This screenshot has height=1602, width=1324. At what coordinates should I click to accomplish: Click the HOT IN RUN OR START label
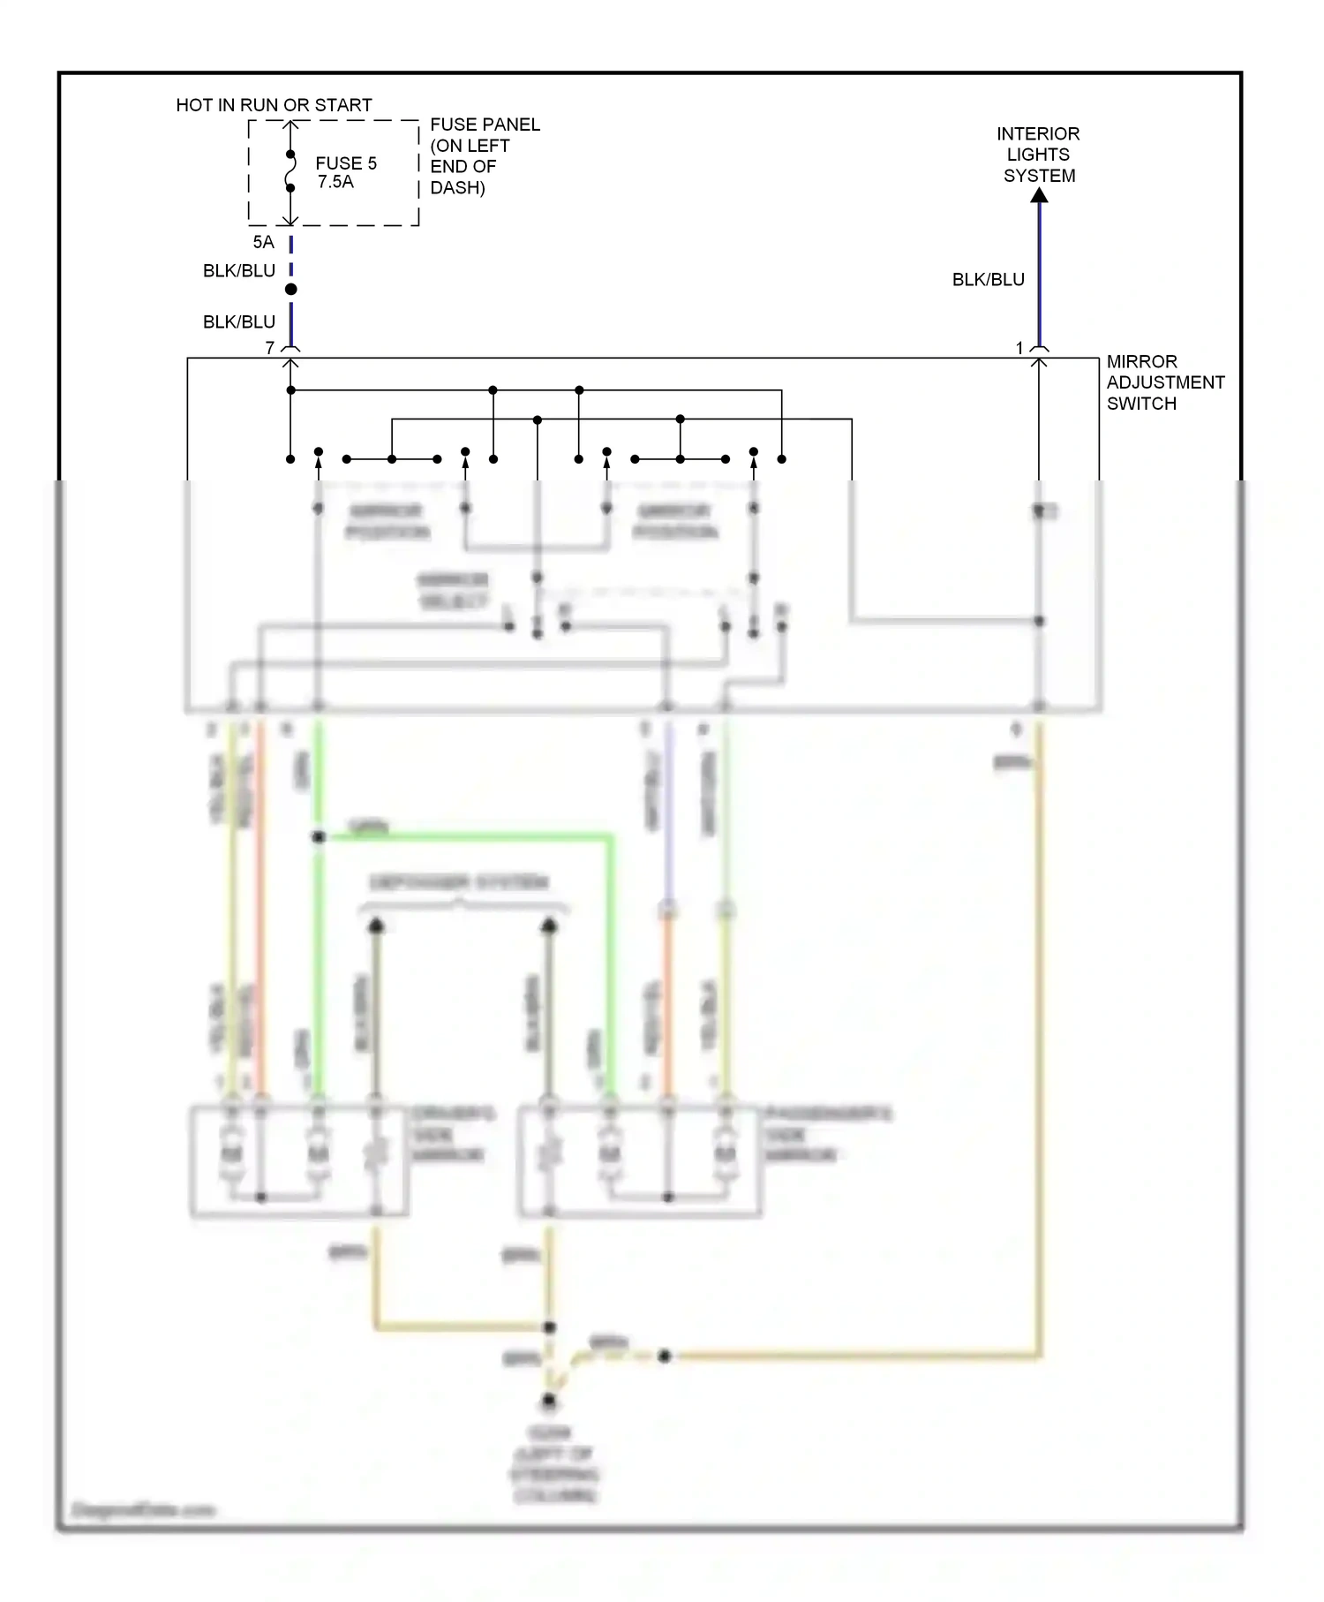pos(274,105)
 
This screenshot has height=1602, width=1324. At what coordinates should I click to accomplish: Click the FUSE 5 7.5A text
pos(345,172)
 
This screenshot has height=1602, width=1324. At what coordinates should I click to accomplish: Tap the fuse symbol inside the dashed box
pos(290,171)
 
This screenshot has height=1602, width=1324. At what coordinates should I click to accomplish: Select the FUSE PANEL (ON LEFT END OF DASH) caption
pos(484,155)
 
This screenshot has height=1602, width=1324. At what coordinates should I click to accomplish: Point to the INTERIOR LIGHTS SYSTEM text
pos(1038,155)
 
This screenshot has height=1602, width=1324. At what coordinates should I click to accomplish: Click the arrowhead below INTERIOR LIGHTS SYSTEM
pos(1040,195)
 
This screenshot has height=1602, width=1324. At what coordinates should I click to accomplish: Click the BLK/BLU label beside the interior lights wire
pos(988,280)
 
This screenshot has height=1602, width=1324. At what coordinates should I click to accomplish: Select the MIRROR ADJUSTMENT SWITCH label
pos(1164,382)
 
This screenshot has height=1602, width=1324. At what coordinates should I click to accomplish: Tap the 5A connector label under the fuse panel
pos(263,242)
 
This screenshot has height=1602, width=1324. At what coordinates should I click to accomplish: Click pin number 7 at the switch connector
pos(270,348)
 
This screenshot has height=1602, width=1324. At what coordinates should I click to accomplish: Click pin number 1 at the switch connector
pos(1019,348)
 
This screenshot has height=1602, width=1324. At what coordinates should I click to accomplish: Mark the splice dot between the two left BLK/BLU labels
pos(290,290)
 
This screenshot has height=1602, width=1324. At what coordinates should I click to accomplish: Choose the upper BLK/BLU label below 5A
pos(239,271)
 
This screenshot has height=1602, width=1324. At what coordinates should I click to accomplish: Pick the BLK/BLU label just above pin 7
pos(239,322)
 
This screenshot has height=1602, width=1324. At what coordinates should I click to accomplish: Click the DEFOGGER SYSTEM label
pos(459,882)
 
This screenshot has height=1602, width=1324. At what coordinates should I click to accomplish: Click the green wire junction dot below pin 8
pos(319,836)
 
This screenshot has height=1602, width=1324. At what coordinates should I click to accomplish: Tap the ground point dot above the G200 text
pos(549,1401)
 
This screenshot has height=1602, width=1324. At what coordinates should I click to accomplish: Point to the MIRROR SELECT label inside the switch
pos(453,591)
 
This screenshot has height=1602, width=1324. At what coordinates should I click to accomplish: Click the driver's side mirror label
pos(452,1134)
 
